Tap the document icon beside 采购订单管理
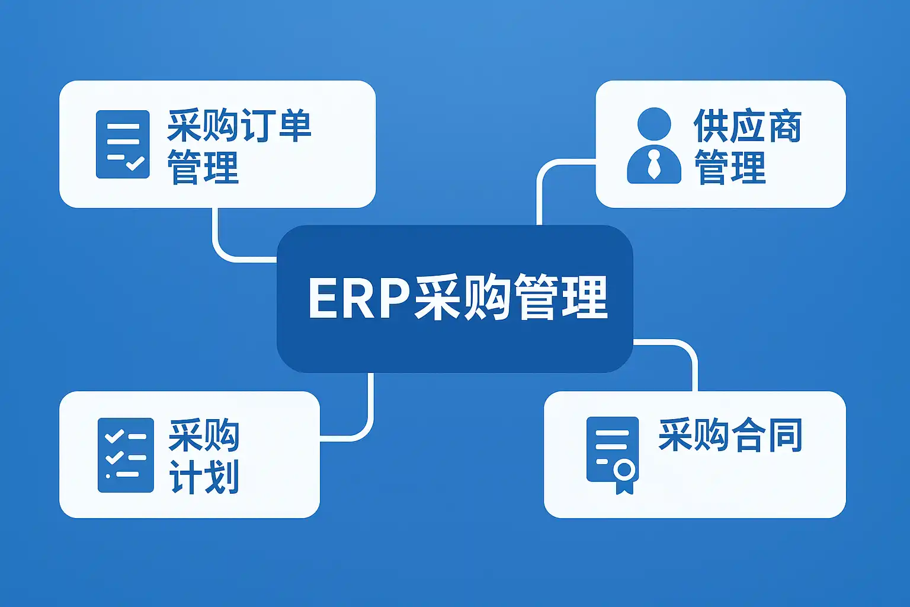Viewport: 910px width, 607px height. [123, 144]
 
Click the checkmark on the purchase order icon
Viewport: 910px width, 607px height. [135, 162]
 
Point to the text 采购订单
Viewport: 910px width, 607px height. [239, 126]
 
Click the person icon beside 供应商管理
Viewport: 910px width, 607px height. [654, 146]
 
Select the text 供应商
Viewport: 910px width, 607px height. [748, 126]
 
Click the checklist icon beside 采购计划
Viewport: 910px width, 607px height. [126, 455]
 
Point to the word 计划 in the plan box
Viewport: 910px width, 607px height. [204, 477]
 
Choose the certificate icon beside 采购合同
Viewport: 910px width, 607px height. [613, 454]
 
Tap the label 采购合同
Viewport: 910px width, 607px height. [730, 435]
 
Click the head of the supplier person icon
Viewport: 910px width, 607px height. [654, 124]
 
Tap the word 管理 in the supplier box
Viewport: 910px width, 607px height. [730, 167]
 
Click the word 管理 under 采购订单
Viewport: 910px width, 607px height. [203, 167]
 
